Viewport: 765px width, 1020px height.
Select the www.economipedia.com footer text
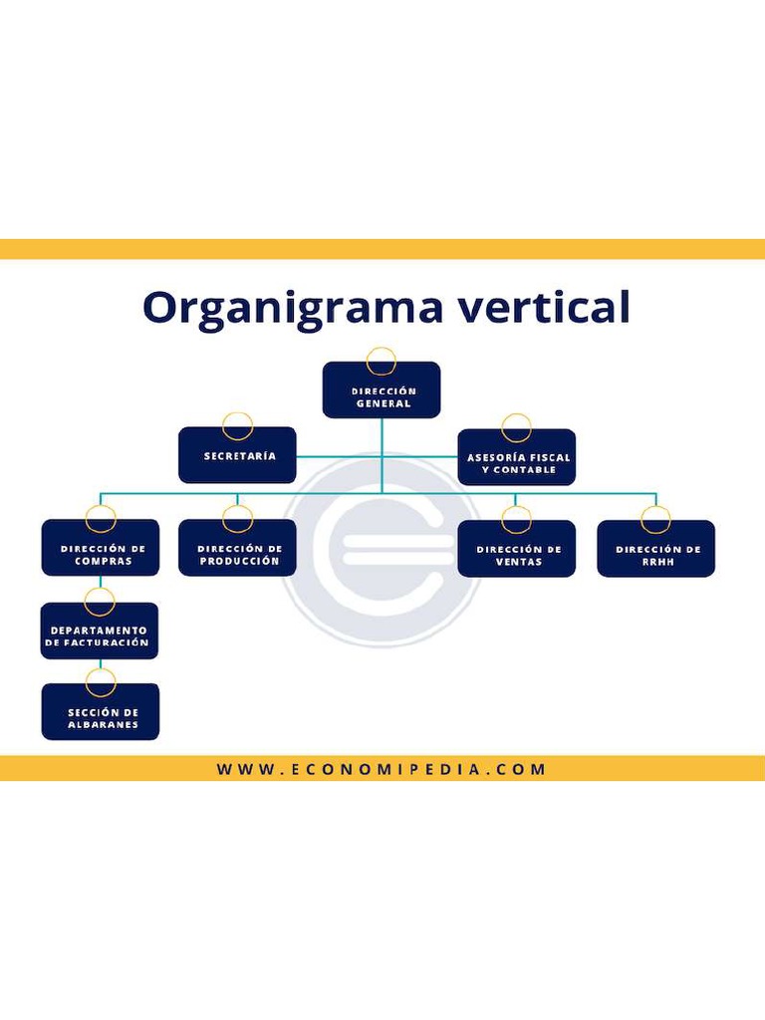point(382,769)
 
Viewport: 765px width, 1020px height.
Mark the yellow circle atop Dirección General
point(382,361)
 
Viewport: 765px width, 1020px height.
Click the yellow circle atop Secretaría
point(237,426)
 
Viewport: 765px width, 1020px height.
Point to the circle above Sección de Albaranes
point(101,682)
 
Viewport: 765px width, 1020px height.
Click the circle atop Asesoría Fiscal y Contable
point(517,428)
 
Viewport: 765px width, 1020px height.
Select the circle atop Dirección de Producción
point(237,519)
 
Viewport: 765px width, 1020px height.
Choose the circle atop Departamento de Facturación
point(101,602)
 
